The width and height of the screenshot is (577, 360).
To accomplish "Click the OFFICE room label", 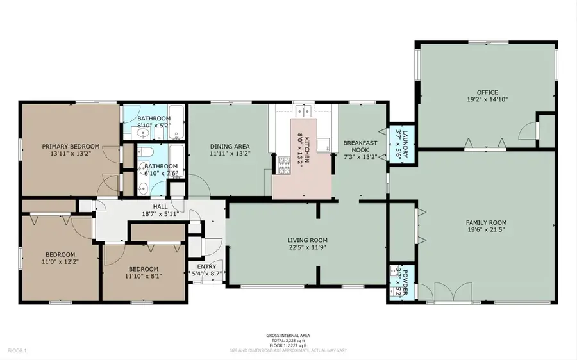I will click(x=486, y=92).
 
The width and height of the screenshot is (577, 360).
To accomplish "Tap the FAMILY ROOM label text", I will click(x=485, y=223).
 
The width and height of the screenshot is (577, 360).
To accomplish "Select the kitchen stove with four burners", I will click(x=284, y=166).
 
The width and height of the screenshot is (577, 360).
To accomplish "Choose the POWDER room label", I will click(x=402, y=280).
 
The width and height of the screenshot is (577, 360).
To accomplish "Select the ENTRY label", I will click(x=206, y=266).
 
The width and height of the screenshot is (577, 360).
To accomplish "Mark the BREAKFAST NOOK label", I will click(x=358, y=146).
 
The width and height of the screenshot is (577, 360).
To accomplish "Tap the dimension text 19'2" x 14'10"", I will click(x=485, y=100).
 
